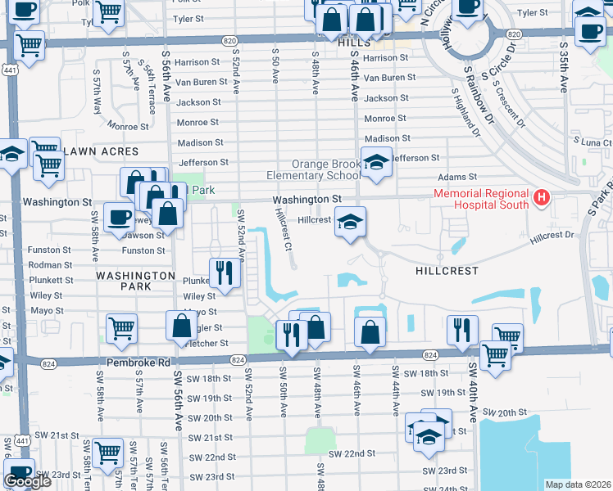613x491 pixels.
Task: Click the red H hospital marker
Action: (x=541, y=197)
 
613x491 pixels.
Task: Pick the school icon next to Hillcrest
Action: (x=350, y=223)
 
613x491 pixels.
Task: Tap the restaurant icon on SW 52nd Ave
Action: (x=223, y=273)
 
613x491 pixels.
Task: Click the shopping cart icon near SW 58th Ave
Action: (x=121, y=328)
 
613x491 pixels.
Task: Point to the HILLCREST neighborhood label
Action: (x=439, y=268)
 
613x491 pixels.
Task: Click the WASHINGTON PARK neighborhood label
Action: (x=124, y=282)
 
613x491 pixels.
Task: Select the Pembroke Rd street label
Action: (x=136, y=361)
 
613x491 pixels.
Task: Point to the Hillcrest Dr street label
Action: (x=552, y=236)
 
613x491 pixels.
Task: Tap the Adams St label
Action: (x=457, y=177)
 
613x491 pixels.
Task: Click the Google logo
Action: (x=27, y=481)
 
